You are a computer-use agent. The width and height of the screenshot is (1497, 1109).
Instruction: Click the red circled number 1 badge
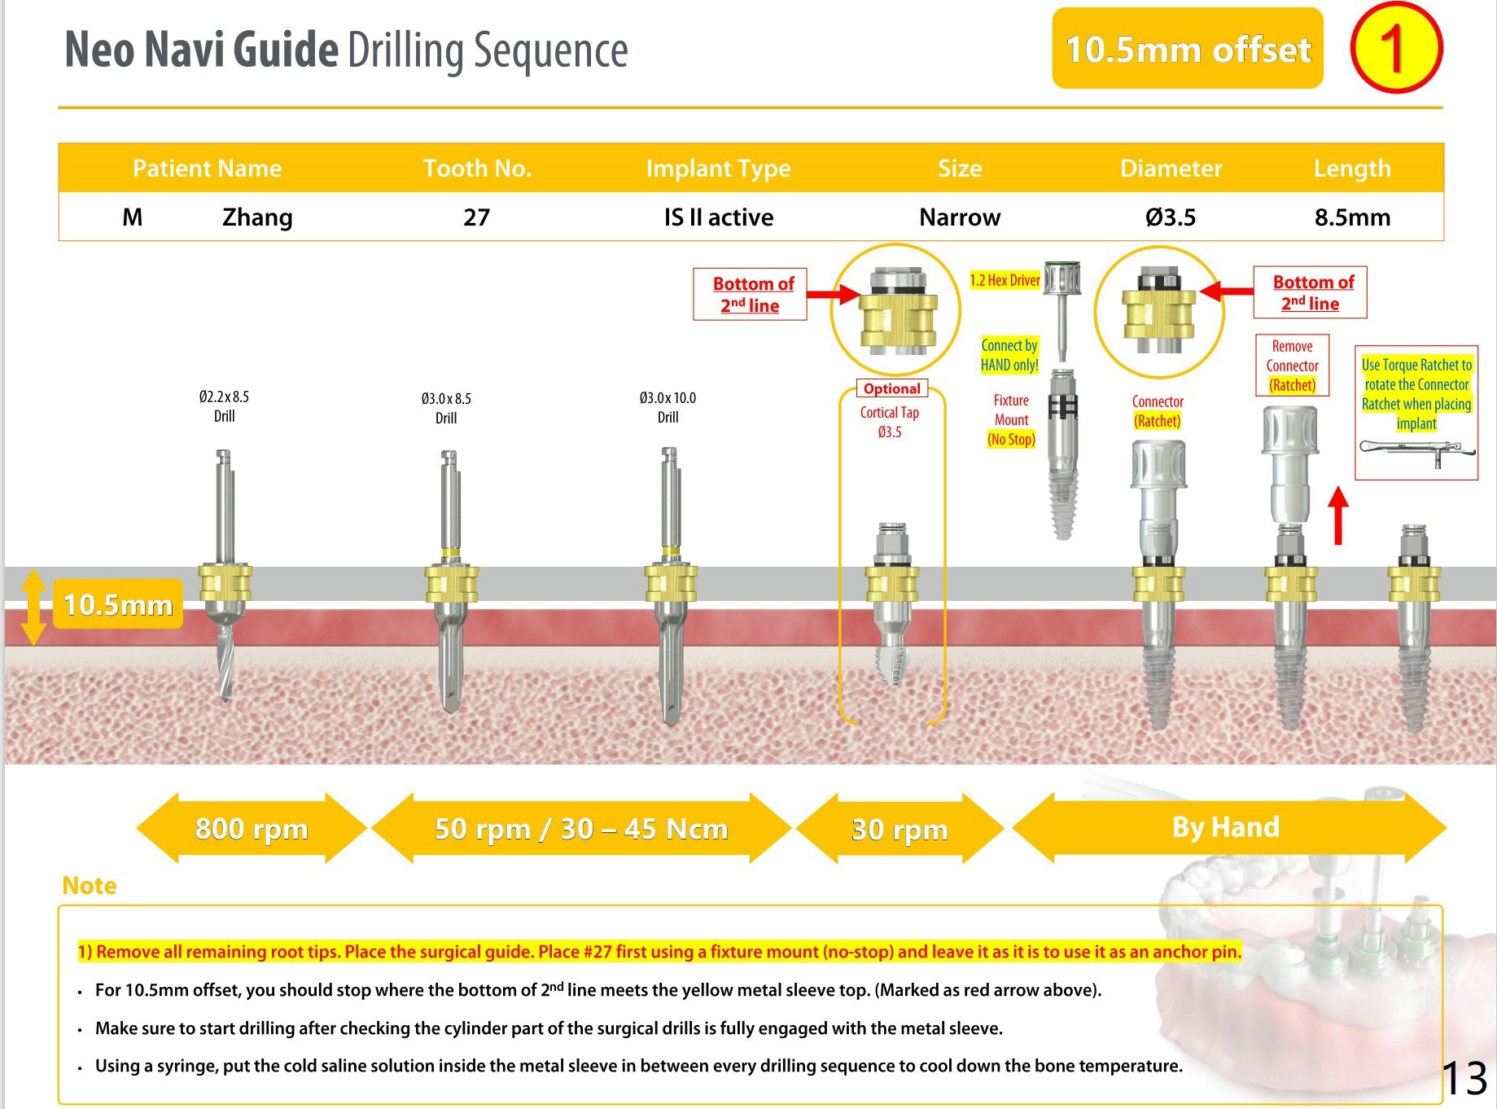point(1395,48)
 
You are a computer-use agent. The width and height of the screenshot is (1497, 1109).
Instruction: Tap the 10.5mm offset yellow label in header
point(1187,49)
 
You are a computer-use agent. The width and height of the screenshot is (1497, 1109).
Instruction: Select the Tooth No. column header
point(477,169)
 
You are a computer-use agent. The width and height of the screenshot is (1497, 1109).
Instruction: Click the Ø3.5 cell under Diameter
point(1171,217)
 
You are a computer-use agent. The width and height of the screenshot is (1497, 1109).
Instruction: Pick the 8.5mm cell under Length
point(1352,217)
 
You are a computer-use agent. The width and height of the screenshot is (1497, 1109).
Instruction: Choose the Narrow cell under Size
point(960,217)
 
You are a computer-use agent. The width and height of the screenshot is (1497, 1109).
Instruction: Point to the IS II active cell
point(718,217)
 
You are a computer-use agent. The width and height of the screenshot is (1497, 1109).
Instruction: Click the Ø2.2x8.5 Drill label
point(224,406)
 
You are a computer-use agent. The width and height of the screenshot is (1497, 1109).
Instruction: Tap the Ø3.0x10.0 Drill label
point(668,407)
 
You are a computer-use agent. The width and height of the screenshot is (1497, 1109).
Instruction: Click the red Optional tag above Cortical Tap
point(891,389)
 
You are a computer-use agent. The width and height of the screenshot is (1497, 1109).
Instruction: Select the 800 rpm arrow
point(252,828)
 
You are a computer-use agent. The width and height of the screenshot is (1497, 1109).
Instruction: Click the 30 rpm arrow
point(900,829)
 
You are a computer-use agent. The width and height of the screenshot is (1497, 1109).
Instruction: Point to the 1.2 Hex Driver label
point(1005,280)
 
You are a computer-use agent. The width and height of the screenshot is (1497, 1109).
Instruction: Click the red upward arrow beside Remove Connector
point(1338,515)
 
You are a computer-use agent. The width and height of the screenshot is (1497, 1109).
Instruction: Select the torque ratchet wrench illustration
point(1416,450)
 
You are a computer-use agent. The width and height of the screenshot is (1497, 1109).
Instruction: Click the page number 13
point(1464,1078)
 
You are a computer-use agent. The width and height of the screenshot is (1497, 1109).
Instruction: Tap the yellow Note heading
point(90,885)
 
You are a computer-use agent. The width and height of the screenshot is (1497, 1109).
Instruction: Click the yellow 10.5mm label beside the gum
point(118,604)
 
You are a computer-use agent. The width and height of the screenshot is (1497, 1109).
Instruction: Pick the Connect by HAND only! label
point(1009,355)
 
